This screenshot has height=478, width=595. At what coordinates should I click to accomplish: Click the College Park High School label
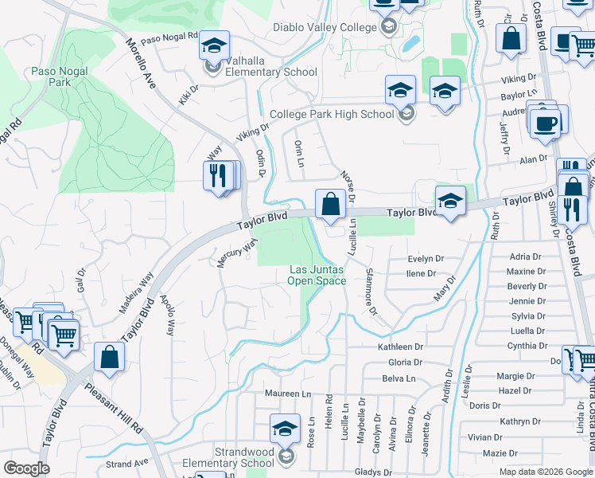pos(332,114)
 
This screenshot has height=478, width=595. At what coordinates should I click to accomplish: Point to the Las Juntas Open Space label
pos(317,275)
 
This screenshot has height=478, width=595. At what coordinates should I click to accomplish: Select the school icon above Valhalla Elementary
pos(214,45)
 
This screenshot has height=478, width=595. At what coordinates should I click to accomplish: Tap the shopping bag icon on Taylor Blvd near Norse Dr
pos(329,203)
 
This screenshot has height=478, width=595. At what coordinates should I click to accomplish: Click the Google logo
pos(26,468)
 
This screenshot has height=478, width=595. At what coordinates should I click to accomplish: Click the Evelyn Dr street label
pos(425,259)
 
